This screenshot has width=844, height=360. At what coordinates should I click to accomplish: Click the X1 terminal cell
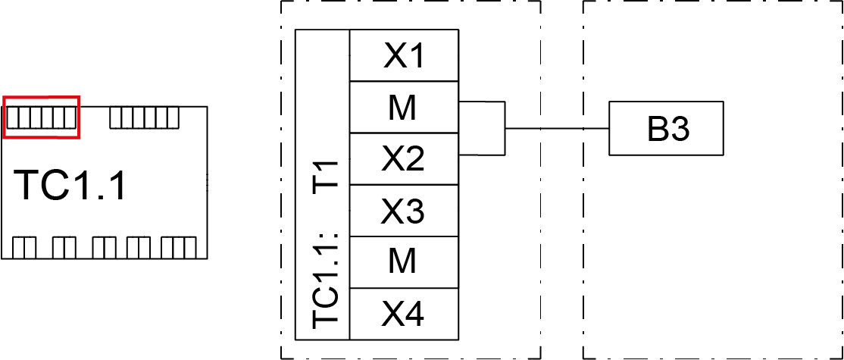click(405, 55)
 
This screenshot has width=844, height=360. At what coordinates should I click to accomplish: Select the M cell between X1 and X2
click(405, 108)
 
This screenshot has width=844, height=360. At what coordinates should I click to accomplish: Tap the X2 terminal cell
click(405, 159)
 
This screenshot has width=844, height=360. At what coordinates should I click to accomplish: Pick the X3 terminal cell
click(405, 211)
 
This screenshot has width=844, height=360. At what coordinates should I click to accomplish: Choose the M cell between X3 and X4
click(405, 262)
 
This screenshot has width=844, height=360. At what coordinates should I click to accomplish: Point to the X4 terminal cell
click(405, 314)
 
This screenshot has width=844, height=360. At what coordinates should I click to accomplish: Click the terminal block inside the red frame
click(40, 117)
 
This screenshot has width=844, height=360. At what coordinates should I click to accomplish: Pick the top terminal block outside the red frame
click(144, 117)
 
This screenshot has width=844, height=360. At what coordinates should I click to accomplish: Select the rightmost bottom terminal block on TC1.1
click(178, 248)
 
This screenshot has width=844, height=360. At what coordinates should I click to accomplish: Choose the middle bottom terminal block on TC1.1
click(105, 248)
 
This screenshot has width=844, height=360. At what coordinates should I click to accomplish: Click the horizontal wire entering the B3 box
click(557, 129)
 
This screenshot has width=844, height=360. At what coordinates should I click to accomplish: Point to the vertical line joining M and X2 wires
click(505, 129)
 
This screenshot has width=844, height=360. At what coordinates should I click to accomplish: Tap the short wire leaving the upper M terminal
click(482, 101)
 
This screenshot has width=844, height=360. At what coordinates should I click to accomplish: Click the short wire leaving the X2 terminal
click(482, 155)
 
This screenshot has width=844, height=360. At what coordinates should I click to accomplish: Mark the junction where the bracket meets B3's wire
click(505, 129)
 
